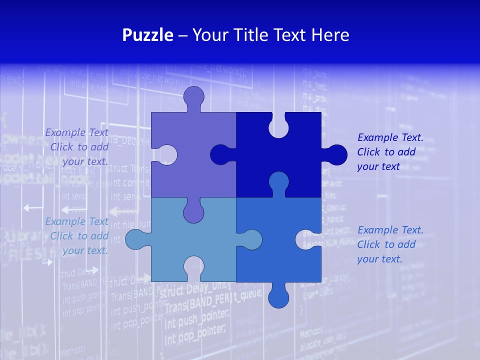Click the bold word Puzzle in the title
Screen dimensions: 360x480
click(x=148, y=35)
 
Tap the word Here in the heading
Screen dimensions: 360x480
click(x=330, y=35)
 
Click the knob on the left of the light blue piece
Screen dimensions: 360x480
click(x=135, y=239)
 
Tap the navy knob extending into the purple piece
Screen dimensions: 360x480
click(x=220, y=154)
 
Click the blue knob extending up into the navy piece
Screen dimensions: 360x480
click(x=278, y=182)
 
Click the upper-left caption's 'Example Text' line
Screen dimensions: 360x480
click(x=76, y=132)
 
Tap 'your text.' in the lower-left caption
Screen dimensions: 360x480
click(x=85, y=250)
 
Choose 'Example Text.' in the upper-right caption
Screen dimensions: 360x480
click(x=390, y=137)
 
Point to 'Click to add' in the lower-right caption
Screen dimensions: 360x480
click(x=386, y=244)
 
